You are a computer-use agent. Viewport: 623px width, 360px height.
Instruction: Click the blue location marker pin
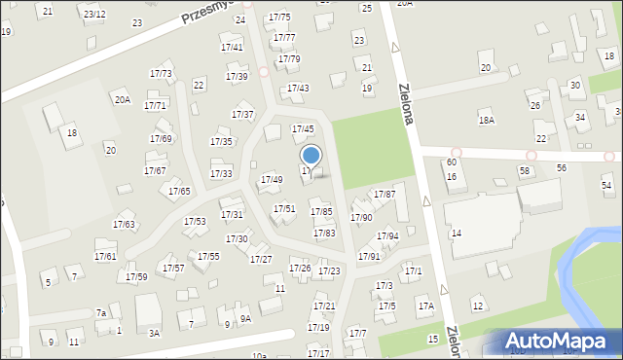point(311,156)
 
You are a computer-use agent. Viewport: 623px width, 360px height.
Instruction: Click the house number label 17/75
point(279,18)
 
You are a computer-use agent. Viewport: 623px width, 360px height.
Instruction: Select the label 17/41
point(232,47)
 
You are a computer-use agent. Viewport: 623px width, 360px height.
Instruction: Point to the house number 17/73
point(161,74)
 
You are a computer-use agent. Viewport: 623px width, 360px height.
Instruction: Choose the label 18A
point(487,120)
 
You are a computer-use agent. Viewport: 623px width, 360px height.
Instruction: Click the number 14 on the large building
point(456,234)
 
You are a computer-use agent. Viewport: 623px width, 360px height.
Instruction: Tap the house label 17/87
point(385,195)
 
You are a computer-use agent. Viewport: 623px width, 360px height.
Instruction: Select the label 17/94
point(388,236)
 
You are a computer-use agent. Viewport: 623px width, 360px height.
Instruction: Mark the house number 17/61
point(105,256)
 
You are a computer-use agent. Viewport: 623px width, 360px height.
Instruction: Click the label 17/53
point(195,222)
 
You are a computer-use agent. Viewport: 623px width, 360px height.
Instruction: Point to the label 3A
point(154,333)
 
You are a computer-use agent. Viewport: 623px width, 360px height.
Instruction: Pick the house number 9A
point(245,318)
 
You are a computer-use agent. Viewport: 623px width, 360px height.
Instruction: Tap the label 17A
point(425,306)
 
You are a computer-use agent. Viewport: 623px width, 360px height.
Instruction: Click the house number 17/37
point(242,115)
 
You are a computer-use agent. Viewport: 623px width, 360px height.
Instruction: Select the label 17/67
point(155,171)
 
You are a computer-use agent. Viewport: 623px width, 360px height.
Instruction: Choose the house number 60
point(452,162)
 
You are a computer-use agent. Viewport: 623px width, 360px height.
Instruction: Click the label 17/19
point(318,328)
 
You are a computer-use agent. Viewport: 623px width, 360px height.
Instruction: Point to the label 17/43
point(298,89)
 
